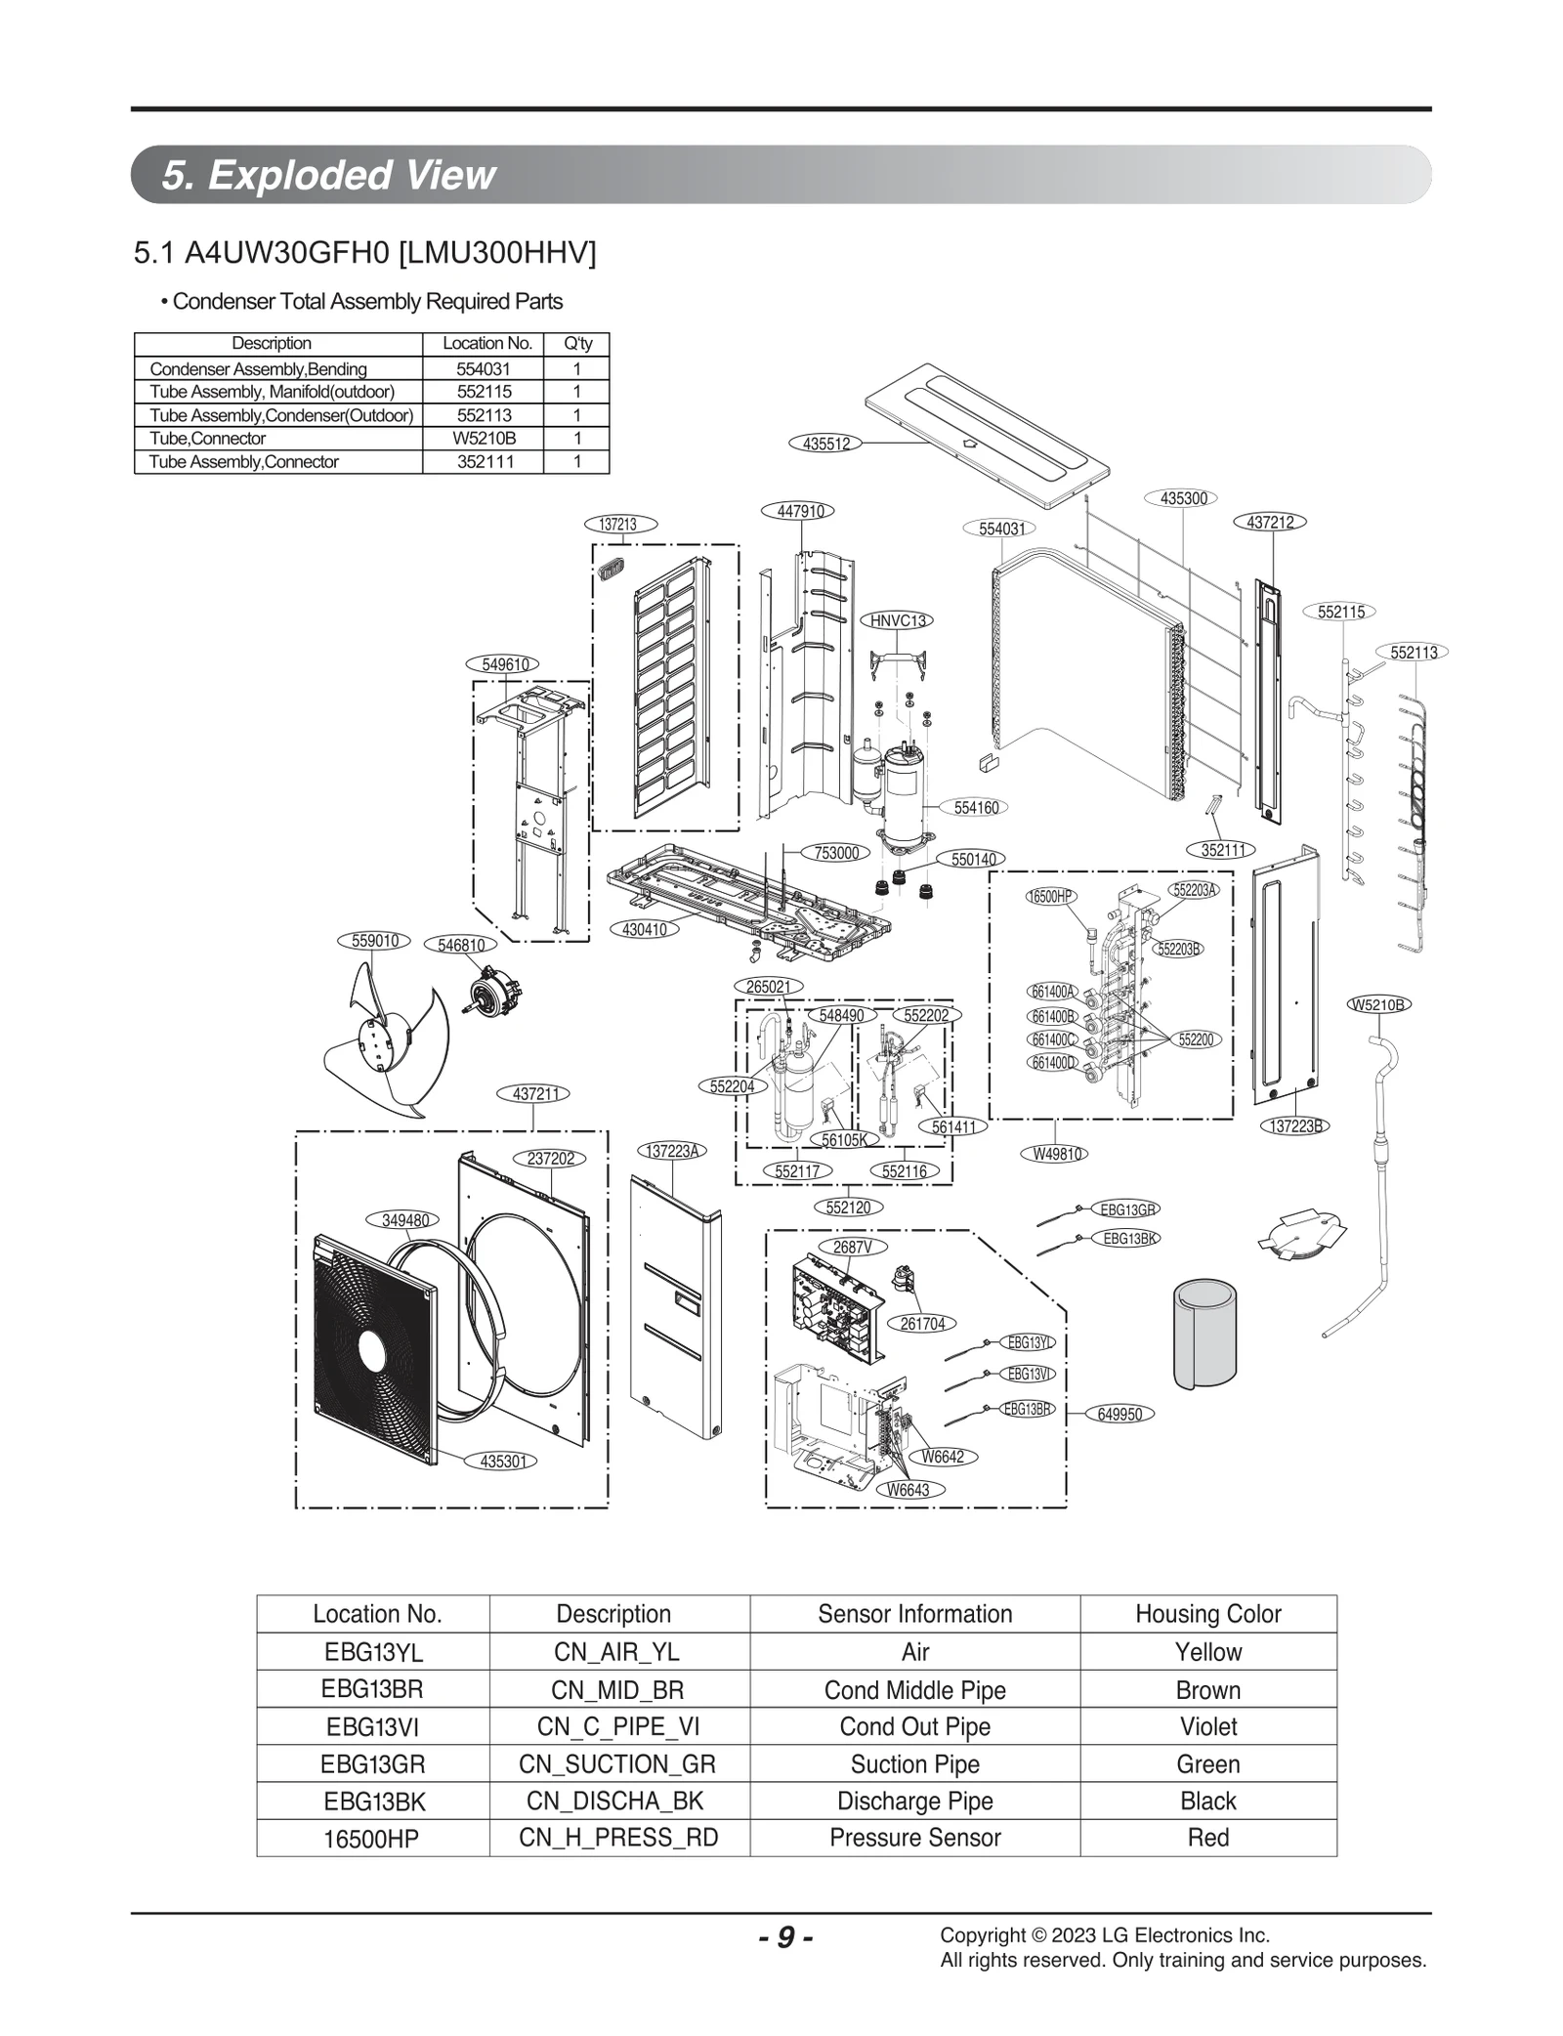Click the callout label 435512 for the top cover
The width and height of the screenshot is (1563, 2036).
pyautogui.click(x=825, y=444)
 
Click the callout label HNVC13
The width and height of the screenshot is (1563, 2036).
pyautogui.click(x=898, y=620)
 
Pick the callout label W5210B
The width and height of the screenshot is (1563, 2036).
pyautogui.click(x=1379, y=1004)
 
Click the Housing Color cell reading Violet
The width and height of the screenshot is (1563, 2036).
pyautogui.click(x=1207, y=1726)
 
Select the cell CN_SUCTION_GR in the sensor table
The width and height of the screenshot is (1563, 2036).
pyautogui.click(x=617, y=1764)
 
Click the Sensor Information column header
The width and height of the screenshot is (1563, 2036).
pyautogui.click(x=914, y=1614)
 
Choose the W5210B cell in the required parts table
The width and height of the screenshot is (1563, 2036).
pyautogui.click(x=484, y=439)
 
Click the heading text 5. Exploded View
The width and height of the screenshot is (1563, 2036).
pyautogui.click(x=328, y=175)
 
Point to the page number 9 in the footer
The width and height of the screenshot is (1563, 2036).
pyautogui.click(x=785, y=1937)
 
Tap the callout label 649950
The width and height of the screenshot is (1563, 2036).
pyautogui.click(x=1119, y=1414)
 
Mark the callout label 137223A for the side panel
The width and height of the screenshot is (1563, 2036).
pyautogui.click(x=672, y=1151)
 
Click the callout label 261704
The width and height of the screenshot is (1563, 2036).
pyautogui.click(x=921, y=1324)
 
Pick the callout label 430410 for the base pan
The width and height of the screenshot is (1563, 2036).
pyautogui.click(x=645, y=929)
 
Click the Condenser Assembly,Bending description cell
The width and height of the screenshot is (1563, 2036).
pyautogui.click(x=259, y=369)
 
